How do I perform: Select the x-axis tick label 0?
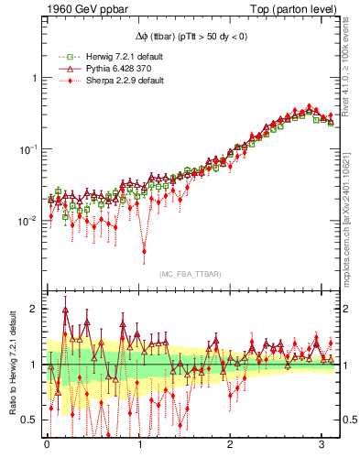(48, 451)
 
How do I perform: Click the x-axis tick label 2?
(231, 451)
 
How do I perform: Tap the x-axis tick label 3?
(322, 451)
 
